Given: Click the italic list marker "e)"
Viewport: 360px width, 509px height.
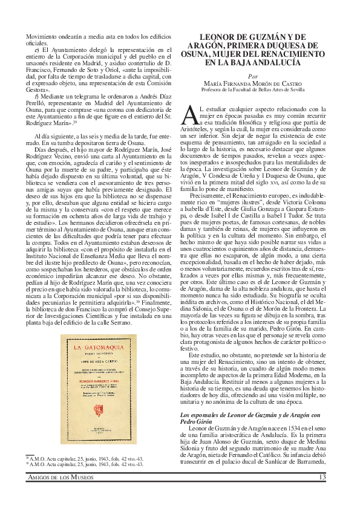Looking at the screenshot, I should tap(38, 50).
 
